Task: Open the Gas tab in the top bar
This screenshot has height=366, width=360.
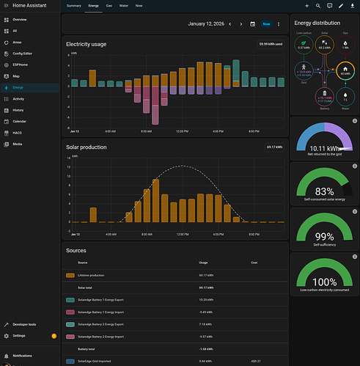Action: tap(109, 5)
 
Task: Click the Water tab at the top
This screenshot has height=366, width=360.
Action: tap(124, 5)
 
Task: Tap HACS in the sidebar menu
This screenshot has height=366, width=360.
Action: tap(18, 133)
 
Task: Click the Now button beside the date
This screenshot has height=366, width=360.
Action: tap(267, 23)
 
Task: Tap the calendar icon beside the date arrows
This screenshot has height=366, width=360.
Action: tap(253, 23)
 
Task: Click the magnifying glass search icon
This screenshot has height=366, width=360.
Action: tap(318, 5)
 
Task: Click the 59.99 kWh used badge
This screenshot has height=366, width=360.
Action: tap(271, 45)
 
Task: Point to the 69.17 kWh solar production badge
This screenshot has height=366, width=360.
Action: tap(275, 147)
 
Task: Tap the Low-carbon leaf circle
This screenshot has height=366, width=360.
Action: tap(304, 45)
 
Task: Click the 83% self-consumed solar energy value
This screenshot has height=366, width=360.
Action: tap(324, 191)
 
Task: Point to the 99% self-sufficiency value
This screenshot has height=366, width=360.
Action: tap(324, 236)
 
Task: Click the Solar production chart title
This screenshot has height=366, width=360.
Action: tap(86, 147)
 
